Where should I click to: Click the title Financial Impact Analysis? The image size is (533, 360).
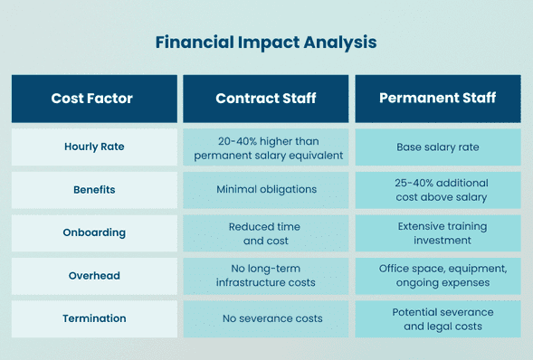click(x=266, y=43)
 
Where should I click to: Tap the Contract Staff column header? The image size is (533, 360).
click(x=266, y=99)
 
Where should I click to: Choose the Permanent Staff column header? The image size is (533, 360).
click(x=438, y=99)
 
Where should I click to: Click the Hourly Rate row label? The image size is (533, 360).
click(x=94, y=147)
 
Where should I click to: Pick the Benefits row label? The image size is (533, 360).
click(x=94, y=190)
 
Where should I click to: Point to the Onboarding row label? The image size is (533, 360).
click(x=94, y=232)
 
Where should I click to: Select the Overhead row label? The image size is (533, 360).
click(x=94, y=275)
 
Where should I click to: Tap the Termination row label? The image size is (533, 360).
click(x=94, y=318)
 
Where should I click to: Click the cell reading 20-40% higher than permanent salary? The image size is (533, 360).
click(x=266, y=147)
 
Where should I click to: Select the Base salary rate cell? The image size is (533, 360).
click(x=438, y=147)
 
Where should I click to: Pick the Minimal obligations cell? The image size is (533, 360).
click(x=266, y=190)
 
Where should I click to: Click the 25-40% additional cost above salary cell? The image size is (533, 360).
click(x=438, y=190)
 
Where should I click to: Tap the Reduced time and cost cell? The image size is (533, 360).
click(x=266, y=232)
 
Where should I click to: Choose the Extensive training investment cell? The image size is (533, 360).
click(x=438, y=232)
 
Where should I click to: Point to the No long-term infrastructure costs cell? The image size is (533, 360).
click(x=266, y=275)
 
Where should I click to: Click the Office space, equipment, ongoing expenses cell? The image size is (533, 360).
click(x=438, y=275)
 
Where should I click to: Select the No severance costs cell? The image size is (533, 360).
click(x=266, y=318)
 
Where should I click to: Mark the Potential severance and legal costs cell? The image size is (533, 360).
click(x=438, y=318)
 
